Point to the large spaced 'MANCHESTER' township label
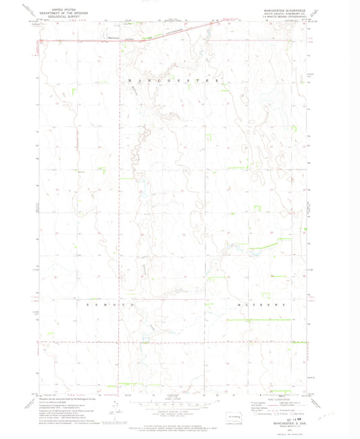pos(174,80)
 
